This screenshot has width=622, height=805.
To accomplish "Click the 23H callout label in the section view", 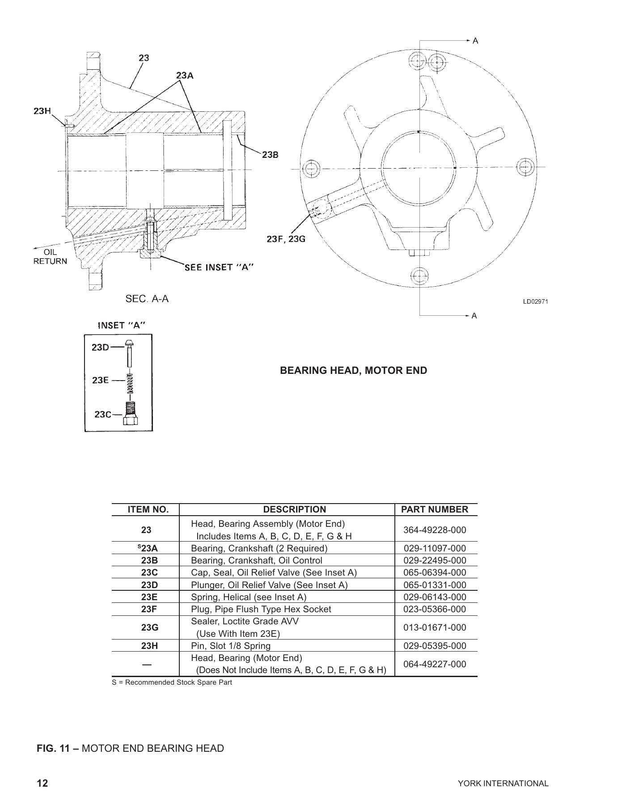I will point(42,111).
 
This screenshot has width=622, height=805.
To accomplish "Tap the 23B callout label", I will point(270,155).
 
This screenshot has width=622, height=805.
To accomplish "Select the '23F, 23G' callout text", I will point(286,239).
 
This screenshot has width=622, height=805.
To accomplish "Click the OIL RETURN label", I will point(50,257).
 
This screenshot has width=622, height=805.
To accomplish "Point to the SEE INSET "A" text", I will point(220,267).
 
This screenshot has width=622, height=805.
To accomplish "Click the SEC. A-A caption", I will point(147,299).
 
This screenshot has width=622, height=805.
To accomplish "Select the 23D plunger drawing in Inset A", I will point(129,352).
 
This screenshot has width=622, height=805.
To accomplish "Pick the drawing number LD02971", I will point(535,301).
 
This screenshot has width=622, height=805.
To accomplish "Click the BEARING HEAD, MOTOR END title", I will point(353,370).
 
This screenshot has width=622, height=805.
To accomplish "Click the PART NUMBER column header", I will point(435,509).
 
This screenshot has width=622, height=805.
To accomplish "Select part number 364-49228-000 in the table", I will point(435,530).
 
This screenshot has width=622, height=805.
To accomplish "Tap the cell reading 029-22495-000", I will point(435,560).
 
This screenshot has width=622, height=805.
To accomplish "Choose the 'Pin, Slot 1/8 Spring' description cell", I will point(230,646).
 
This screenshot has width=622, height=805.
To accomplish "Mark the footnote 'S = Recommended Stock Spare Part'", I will point(172,682).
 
